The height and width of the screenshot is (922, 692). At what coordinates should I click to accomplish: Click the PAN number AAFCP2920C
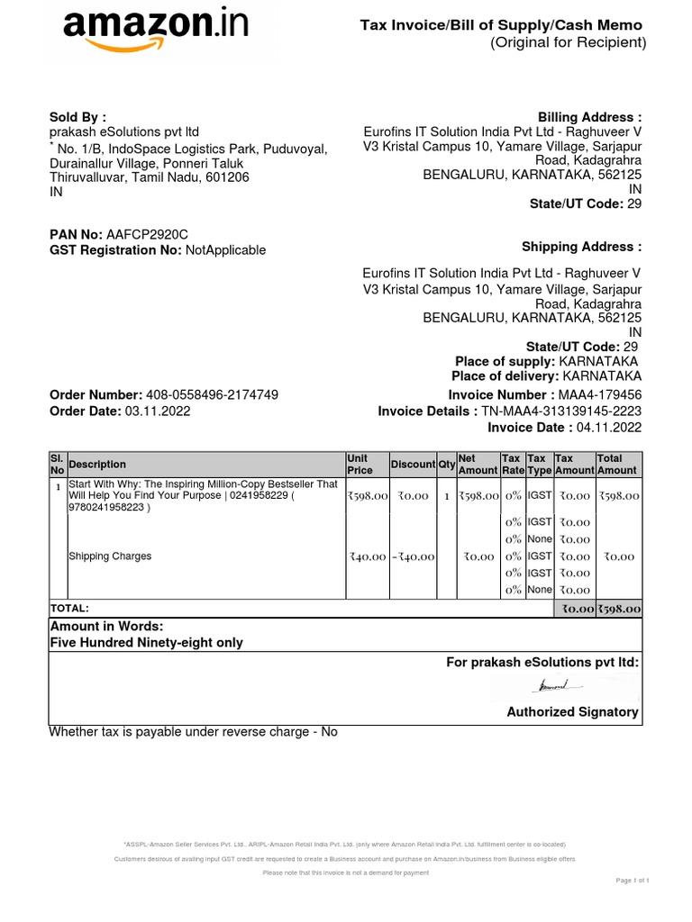(x=148, y=234)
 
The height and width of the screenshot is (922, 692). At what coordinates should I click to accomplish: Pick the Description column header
(x=97, y=465)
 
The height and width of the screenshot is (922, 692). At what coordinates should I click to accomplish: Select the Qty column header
(x=446, y=465)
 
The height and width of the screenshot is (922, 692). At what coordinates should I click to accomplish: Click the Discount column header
(x=413, y=465)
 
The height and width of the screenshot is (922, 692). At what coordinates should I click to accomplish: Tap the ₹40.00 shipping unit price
(x=368, y=556)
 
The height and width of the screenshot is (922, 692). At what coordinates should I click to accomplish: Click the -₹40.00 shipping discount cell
(x=413, y=556)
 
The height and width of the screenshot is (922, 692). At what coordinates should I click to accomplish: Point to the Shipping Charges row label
(x=110, y=556)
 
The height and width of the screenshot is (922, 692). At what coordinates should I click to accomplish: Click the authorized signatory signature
(x=559, y=688)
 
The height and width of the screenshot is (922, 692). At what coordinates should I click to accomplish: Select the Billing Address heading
(x=589, y=118)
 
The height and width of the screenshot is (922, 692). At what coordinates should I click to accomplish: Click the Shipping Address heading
(x=581, y=247)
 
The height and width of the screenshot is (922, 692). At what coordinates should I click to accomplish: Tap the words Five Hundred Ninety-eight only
(x=146, y=643)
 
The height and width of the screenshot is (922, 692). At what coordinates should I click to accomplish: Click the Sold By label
(x=77, y=117)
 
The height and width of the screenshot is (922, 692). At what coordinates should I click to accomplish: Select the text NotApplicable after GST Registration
(x=225, y=250)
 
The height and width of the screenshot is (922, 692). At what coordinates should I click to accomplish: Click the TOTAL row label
(x=69, y=609)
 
